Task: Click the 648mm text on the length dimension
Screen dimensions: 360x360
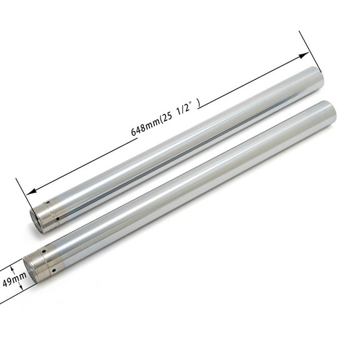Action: pos(144,129)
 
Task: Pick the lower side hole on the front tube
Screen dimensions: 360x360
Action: pos(54,270)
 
